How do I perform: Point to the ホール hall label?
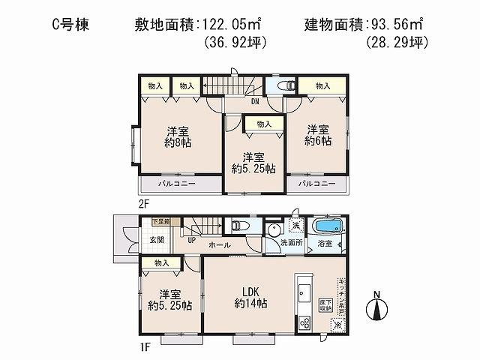220,245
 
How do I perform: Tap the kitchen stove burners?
304,323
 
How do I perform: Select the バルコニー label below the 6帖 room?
316,183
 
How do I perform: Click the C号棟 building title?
70,24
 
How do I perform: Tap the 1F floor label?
143,346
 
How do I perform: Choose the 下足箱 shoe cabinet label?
161,222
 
